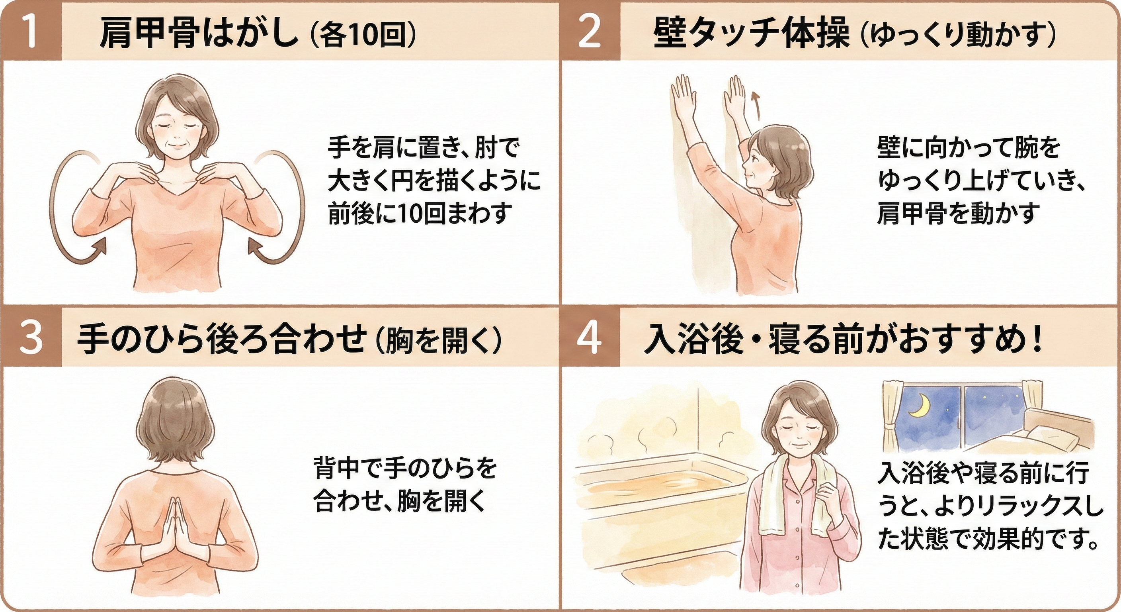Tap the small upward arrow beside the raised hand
[756, 105]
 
